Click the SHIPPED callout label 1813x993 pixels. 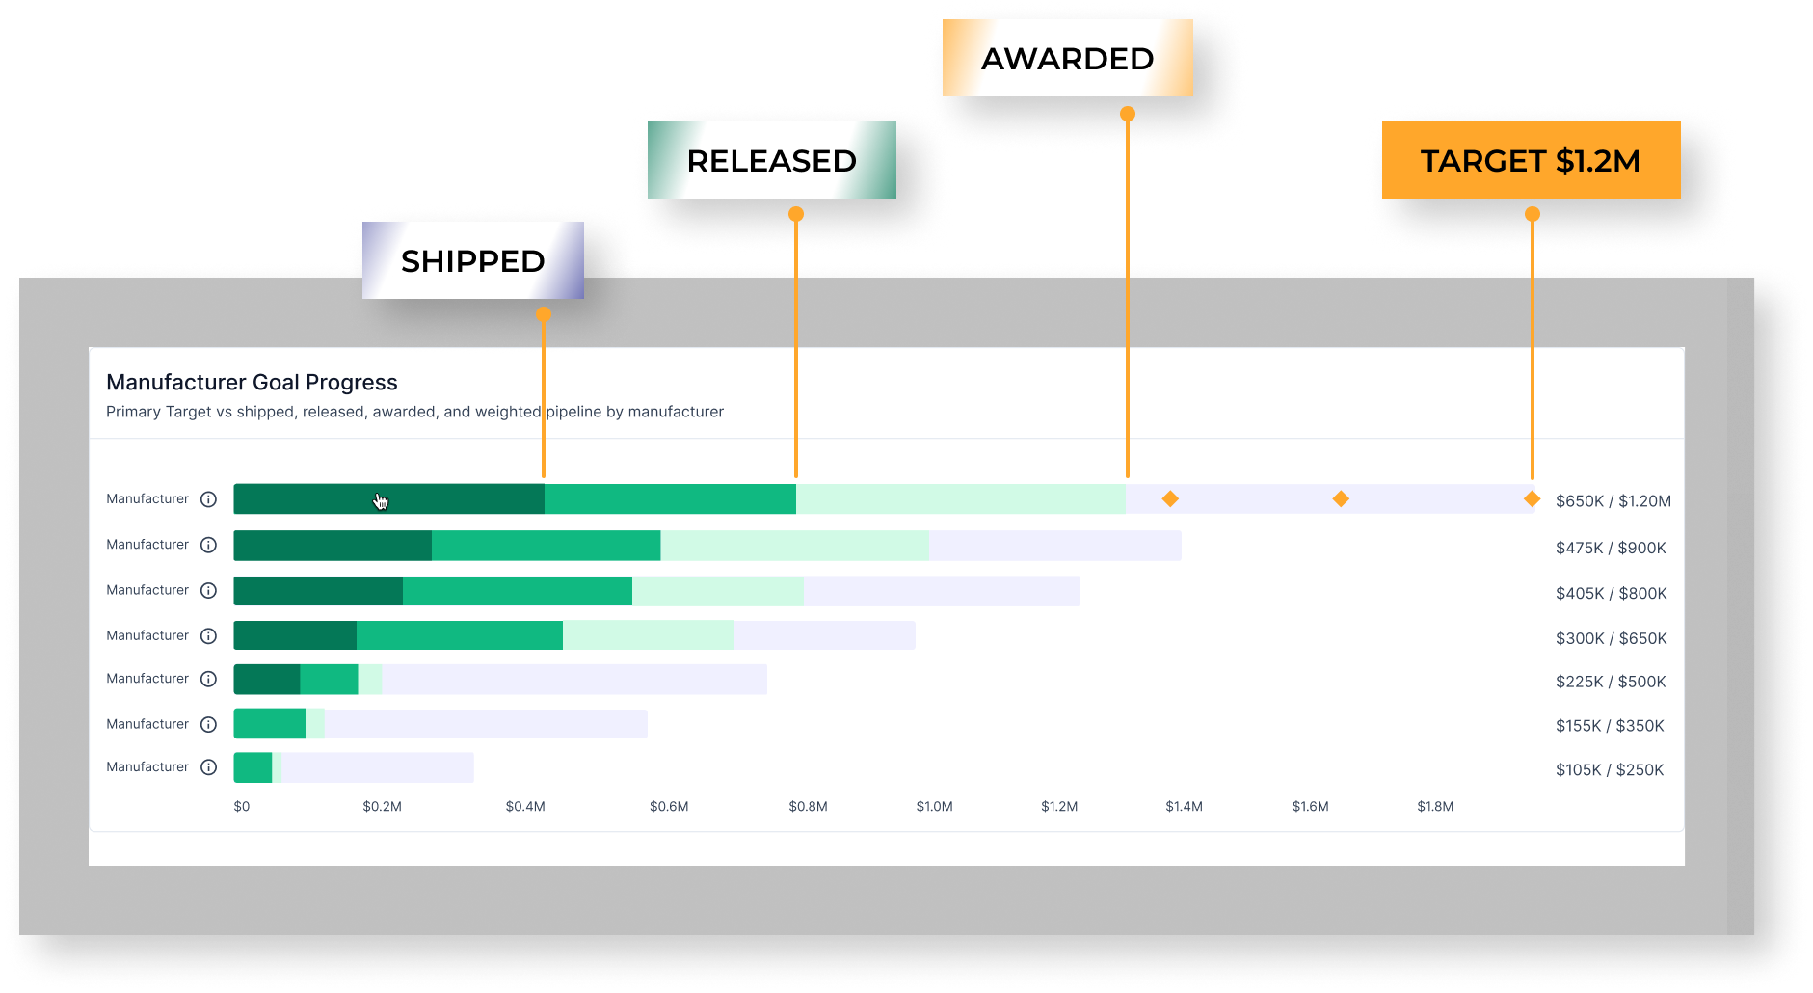(472, 260)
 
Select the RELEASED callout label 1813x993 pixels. (771, 160)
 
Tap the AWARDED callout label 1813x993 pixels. (1067, 58)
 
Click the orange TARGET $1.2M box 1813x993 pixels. (1531, 160)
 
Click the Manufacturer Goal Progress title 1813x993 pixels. (252, 383)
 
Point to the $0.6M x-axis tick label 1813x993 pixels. (669, 806)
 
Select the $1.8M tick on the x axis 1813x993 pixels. (1435, 806)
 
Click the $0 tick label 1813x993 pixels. (242, 806)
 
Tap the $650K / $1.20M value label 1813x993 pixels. (1613, 501)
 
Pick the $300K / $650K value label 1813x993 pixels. (1612, 638)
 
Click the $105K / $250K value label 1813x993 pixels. (1610, 769)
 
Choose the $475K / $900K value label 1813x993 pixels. (1611, 548)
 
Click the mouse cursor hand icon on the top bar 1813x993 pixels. (381, 501)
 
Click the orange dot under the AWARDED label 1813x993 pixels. (1128, 114)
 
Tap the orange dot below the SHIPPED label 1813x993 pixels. (544, 314)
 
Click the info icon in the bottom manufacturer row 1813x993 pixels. (208, 767)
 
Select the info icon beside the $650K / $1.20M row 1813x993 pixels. (208, 499)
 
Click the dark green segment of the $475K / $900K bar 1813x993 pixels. (333, 546)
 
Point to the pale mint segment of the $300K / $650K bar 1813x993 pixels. (649, 635)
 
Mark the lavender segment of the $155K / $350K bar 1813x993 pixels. (486, 724)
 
